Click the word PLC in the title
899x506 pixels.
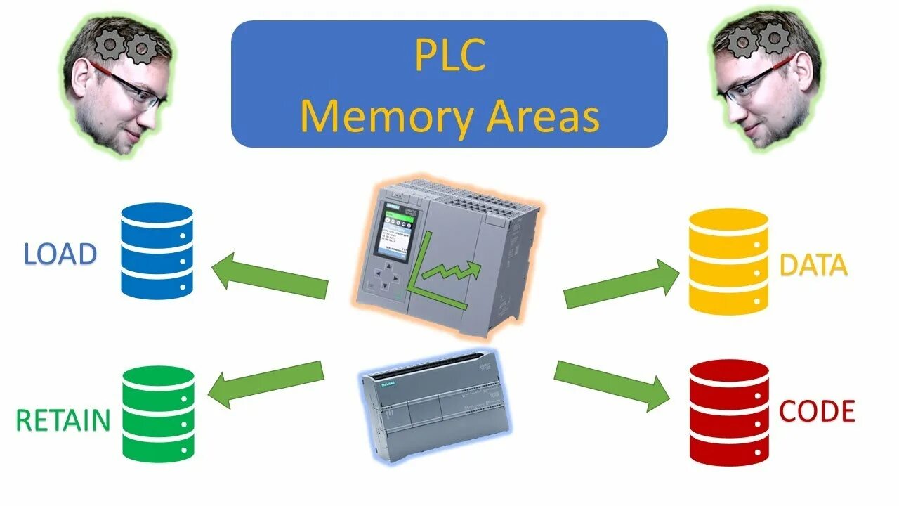pyautogui.click(x=449, y=56)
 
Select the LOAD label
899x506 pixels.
pyautogui.click(x=60, y=254)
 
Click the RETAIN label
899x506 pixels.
pyautogui.click(x=63, y=420)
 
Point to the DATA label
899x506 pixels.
pyautogui.click(x=813, y=266)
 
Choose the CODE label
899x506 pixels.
pyautogui.click(x=817, y=411)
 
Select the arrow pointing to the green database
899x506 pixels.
pyautogui.click(x=267, y=383)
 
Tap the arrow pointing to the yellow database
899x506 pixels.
pyautogui.click(x=622, y=285)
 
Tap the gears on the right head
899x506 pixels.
pyautogui.click(x=758, y=39)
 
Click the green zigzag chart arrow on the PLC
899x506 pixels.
pyautogui.click(x=449, y=271)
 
